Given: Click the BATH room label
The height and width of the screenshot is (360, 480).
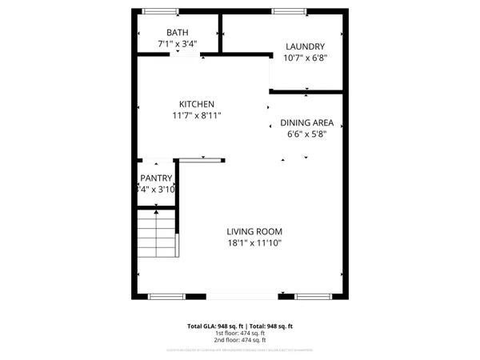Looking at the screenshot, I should pyautogui.click(x=178, y=32).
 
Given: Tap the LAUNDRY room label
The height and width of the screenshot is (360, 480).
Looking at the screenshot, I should pyautogui.click(x=305, y=46).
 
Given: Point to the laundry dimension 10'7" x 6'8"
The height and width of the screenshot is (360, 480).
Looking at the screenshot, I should pyautogui.click(x=305, y=58).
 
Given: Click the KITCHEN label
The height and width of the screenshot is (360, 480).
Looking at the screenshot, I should pyautogui.click(x=196, y=104).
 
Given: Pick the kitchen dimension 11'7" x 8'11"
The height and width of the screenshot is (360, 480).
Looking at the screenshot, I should pyautogui.click(x=196, y=115).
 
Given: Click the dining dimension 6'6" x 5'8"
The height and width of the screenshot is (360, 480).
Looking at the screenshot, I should pyautogui.click(x=306, y=134).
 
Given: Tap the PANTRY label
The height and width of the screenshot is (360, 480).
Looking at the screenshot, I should pyautogui.click(x=157, y=178).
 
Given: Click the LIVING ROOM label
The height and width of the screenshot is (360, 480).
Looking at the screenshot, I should pyautogui.click(x=254, y=231).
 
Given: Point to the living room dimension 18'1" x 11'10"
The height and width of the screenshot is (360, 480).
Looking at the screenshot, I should pyautogui.click(x=254, y=242).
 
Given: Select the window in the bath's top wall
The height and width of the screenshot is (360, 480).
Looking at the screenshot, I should pyautogui.click(x=161, y=10).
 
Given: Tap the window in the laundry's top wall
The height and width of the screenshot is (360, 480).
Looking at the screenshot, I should pyautogui.click(x=284, y=10).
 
